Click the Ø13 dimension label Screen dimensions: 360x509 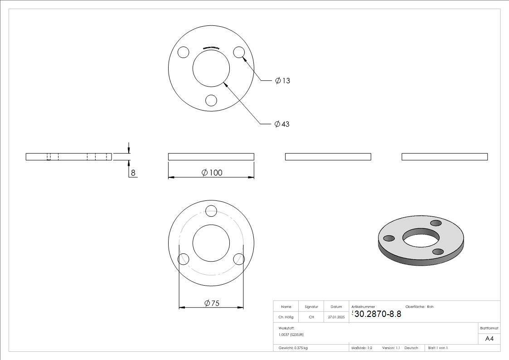pyautogui.click(x=283, y=81)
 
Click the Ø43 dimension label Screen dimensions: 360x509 pyautogui.click(x=282, y=124)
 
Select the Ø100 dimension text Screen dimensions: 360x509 pyautogui.click(x=212, y=173)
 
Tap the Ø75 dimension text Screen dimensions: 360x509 pyautogui.click(x=212, y=303)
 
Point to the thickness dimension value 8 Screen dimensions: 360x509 pyautogui.click(x=133, y=173)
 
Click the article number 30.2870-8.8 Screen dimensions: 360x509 pyautogui.click(x=378, y=314)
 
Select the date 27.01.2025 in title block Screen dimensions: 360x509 pyautogui.click(x=336, y=317)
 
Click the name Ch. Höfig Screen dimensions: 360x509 pyautogui.click(x=286, y=317)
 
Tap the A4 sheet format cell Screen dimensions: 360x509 pyautogui.click(x=489, y=339)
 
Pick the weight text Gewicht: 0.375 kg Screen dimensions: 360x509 pyautogui.click(x=293, y=348)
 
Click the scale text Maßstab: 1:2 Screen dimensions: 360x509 pyautogui.click(x=362, y=348)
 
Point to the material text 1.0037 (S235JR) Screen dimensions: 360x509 pyautogui.click(x=291, y=334)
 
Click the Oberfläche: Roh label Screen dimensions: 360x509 pyautogui.click(x=419, y=307)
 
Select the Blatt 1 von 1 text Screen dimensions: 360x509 pyautogui.click(x=438, y=348)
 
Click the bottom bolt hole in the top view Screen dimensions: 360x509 pyautogui.click(x=211, y=100)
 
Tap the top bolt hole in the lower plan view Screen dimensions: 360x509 pyautogui.click(x=211, y=211)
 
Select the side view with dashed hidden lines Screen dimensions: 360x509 pyautogui.click(x=69, y=157)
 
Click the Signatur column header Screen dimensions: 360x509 pyautogui.click(x=311, y=307)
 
